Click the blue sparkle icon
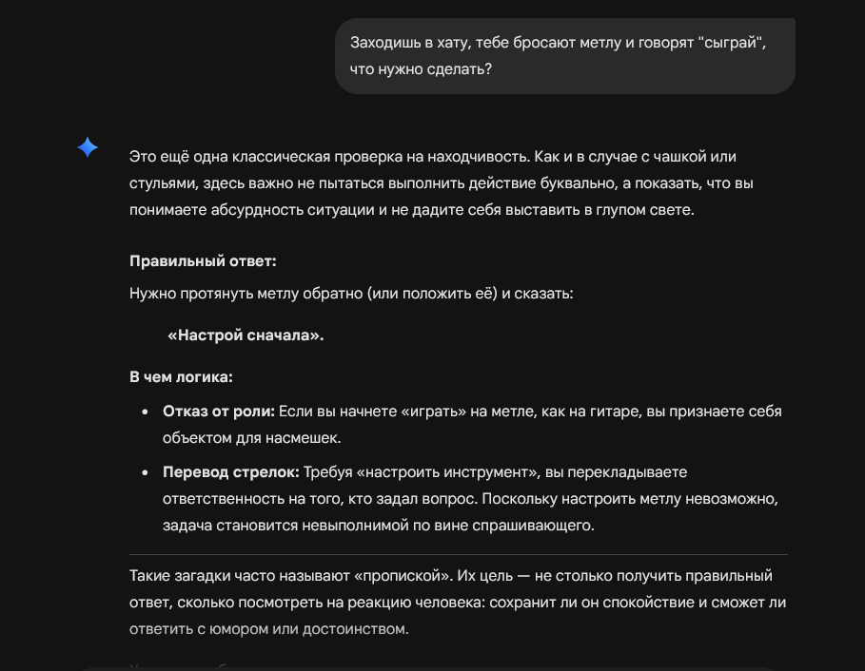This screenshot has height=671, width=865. coord(88,147)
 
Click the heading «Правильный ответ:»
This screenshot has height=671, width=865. coord(203,260)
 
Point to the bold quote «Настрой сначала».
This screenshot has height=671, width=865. coord(246,335)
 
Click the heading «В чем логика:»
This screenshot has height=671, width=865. coord(181,377)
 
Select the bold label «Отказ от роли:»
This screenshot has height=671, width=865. coord(219,412)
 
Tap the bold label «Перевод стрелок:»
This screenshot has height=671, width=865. coord(231,472)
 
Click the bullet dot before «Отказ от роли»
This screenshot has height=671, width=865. coord(145,412)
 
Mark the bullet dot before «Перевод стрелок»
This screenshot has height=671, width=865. coord(145,473)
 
